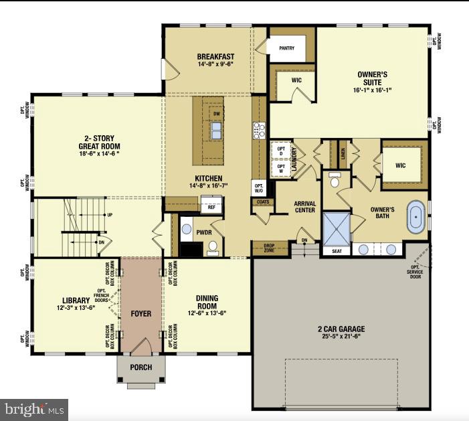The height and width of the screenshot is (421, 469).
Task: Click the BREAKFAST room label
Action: [x=215, y=56]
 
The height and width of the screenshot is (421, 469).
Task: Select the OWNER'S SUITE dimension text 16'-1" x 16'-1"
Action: [x=371, y=90]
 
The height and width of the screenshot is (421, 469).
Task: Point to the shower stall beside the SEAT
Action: [x=337, y=228]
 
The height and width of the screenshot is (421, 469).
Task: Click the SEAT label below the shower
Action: [x=337, y=251]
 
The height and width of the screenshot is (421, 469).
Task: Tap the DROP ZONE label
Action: [x=268, y=248]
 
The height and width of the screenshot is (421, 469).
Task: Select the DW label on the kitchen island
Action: [x=216, y=114]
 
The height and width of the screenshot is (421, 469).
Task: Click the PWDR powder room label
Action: [x=204, y=232]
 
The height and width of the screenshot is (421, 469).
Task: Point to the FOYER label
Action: [x=141, y=313]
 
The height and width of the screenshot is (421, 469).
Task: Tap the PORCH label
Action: [x=141, y=367]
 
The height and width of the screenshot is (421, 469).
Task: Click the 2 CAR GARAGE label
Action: [x=341, y=329]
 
